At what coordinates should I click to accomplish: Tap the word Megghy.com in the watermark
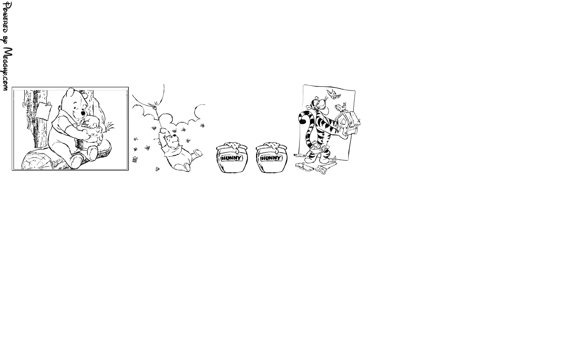(x=8, y=69)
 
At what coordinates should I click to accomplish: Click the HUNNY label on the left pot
(x=232, y=158)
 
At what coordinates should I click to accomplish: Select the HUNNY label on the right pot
(x=271, y=158)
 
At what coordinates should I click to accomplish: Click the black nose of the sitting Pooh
(x=83, y=113)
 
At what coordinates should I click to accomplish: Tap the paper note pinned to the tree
(x=43, y=111)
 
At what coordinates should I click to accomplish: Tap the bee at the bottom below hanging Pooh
(x=157, y=169)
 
